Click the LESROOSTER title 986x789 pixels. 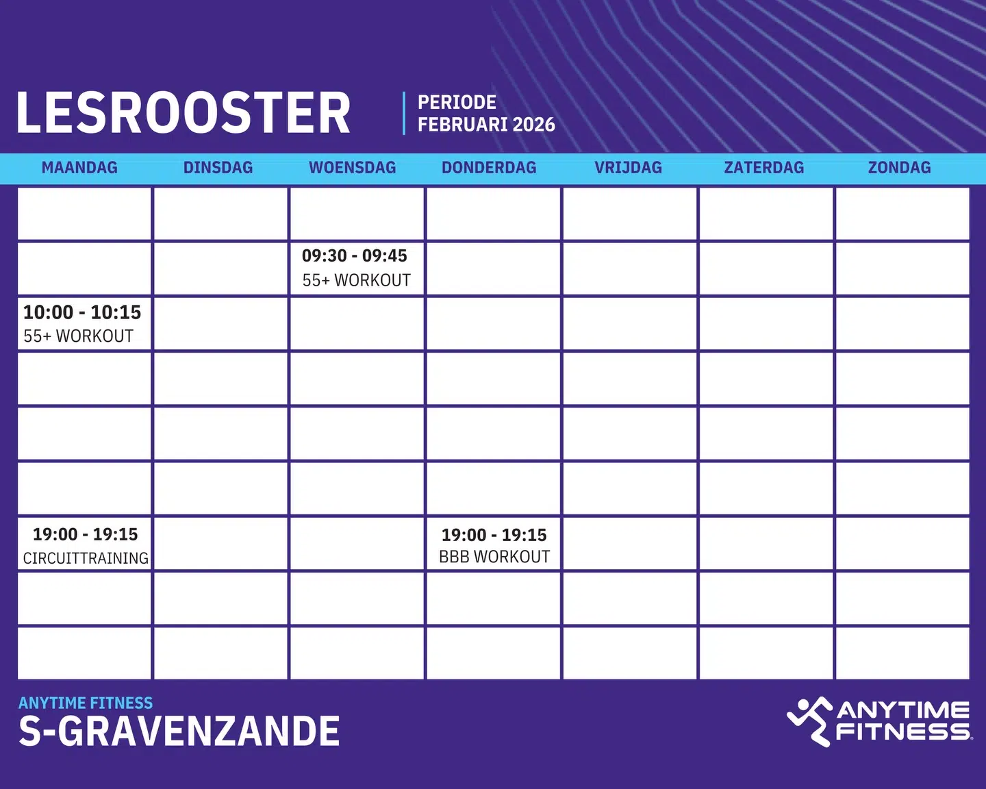183,113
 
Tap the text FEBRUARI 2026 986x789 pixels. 486,125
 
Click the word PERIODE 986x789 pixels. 457,102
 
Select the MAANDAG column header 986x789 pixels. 79,168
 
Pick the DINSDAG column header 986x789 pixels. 218,168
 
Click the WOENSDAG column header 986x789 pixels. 353,168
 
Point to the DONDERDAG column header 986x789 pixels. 489,168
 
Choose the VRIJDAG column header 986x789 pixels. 628,168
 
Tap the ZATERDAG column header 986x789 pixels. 764,168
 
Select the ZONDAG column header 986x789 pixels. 899,168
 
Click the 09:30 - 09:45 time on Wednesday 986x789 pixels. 355,256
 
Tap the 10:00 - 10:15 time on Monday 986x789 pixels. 82,312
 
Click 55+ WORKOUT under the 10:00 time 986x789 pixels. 78,336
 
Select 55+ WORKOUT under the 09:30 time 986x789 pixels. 357,280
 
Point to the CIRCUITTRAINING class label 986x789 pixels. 86,558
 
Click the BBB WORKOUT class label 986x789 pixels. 494,557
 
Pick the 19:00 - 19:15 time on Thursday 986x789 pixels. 494,535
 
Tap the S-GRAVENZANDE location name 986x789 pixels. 179,731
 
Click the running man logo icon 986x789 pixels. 809,721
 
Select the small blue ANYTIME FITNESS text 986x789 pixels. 86,703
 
